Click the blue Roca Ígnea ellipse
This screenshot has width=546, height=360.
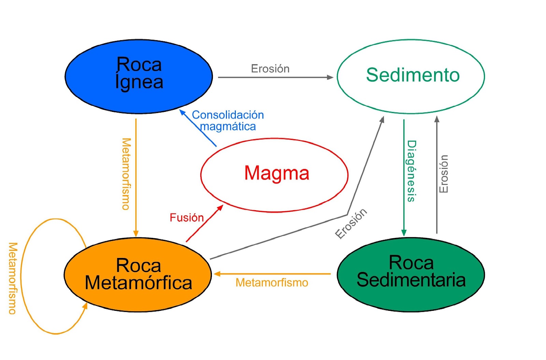(139, 76)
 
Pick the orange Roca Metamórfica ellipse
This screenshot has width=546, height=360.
(138, 275)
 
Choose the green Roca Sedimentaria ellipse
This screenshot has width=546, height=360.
(411, 275)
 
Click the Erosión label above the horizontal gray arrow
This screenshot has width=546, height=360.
(270, 69)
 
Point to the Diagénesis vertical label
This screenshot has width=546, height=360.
(412, 171)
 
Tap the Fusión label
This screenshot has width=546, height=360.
(187, 218)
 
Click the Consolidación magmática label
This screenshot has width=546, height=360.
(228, 120)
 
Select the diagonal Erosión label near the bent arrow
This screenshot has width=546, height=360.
(351, 224)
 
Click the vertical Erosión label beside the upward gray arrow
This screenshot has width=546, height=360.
(443, 174)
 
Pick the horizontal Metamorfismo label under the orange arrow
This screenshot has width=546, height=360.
(272, 283)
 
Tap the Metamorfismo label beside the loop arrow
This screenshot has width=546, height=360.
(13, 278)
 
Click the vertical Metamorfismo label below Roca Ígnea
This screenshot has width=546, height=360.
(126, 174)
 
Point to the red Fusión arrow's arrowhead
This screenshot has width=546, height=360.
(221, 207)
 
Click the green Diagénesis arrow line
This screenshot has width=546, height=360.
(404, 177)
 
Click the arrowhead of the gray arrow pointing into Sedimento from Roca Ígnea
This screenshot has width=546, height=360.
(330, 77)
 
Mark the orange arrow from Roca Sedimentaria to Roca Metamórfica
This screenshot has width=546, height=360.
(273, 274)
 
